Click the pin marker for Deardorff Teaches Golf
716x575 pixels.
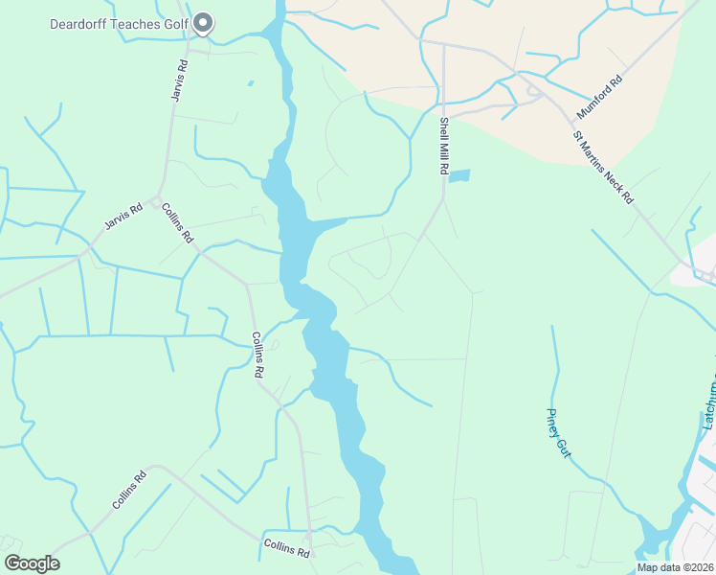pyautogui.click(x=202, y=21)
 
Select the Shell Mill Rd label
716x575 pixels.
pyautogui.click(x=444, y=146)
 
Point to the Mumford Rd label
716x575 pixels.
pyautogui.click(x=599, y=98)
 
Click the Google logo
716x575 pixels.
pyautogui.click(x=32, y=563)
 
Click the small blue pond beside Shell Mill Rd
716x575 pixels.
pyautogui.click(x=459, y=176)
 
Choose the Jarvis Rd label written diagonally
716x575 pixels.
pyautogui.click(x=123, y=222)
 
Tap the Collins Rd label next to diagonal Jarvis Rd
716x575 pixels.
pyautogui.click(x=178, y=223)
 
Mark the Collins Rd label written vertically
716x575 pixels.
pyautogui.click(x=257, y=355)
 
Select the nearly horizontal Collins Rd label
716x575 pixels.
pyautogui.click(x=287, y=549)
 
